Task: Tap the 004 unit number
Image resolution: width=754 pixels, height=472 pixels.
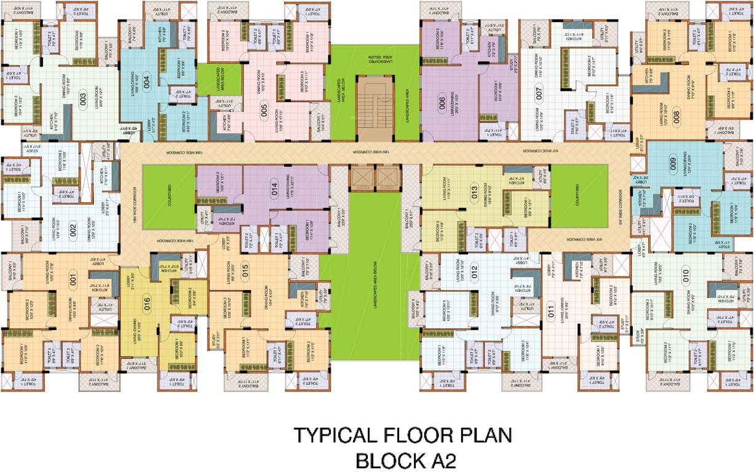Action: pyautogui.click(x=146, y=79)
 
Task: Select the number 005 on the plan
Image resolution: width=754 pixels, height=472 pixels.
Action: pyautogui.click(x=264, y=112)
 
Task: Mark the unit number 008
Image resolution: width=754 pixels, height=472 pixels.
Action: pyautogui.click(x=677, y=114)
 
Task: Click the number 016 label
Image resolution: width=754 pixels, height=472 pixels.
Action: pyautogui.click(x=146, y=301)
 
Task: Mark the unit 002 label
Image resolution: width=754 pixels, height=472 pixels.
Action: pyautogui.click(x=73, y=230)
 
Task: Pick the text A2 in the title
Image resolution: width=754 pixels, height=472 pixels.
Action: pyautogui.click(x=439, y=460)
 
